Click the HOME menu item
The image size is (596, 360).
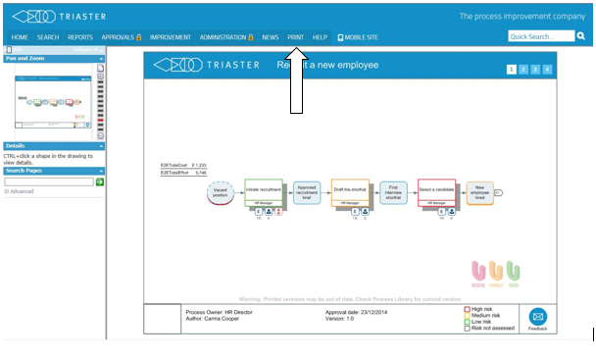pos(20,36)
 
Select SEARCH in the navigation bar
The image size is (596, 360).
pos(48,36)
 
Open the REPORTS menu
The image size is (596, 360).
pos(80,36)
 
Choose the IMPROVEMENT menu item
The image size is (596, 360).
pos(170,36)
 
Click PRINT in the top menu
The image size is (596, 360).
pos(295,36)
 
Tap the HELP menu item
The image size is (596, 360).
pos(320,36)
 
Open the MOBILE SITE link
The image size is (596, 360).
pos(358,36)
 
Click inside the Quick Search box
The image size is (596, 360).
pos(540,36)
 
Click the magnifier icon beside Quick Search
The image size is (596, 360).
pos(581,36)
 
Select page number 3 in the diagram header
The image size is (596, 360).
pos(535,70)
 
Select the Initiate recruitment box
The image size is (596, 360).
pos(264,190)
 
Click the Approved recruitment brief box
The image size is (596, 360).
pos(307,192)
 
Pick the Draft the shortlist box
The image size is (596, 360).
pos(350,190)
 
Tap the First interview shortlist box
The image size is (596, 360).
pos(393,192)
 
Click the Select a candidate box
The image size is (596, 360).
pos(437,190)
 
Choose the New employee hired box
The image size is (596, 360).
pos(478,192)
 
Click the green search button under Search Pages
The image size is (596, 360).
pos(99,181)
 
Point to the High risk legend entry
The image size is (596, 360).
pos(480,308)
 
